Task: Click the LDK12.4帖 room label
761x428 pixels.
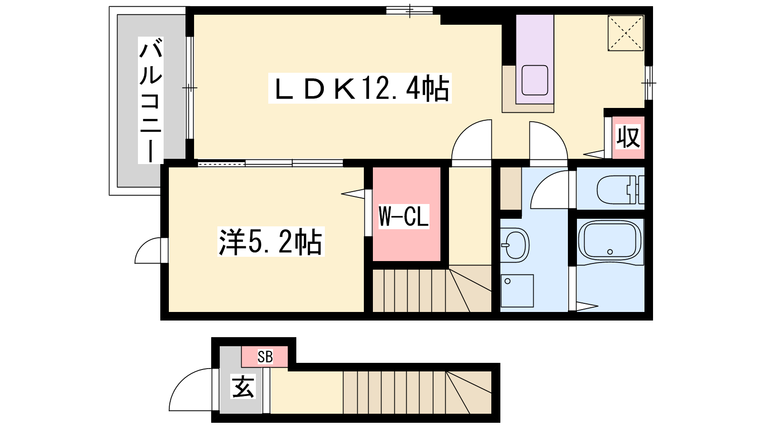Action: click(x=360, y=88)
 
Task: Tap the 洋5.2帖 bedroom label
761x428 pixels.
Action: click(x=271, y=242)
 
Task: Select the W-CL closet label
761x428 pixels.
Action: click(x=404, y=216)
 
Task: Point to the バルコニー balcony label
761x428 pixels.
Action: click(x=150, y=100)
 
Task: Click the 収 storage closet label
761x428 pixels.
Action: click(x=628, y=136)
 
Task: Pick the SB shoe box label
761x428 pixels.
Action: click(x=265, y=357)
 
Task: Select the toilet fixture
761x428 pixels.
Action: click(x=621, y=190)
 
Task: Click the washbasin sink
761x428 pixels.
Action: click(x=515, y=245)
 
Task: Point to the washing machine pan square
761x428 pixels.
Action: click(x=517, y=291)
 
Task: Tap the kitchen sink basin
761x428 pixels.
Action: click(x=535, y=80)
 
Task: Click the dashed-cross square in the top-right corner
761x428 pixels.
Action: click(x=625, y=33)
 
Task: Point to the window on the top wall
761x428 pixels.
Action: click(x=410, y=10)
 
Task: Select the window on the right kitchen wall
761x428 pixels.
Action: click(x=649, y=83)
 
